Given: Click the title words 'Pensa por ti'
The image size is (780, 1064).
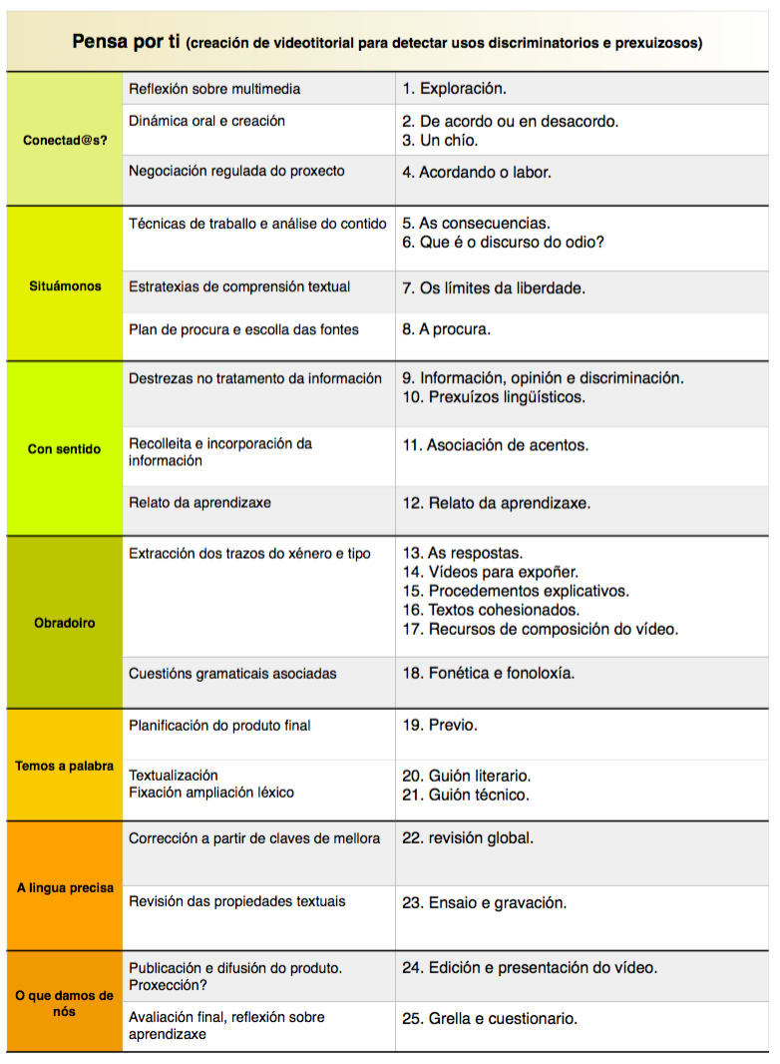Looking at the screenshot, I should pyautogui.click(x=126, y=42).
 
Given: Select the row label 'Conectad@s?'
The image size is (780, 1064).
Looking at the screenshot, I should pyautogui.click(x=65, y=140).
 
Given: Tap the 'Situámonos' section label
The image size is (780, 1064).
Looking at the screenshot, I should pyautogui.click(x=65, y=286).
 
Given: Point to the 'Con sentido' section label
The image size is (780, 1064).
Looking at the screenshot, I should pyautogui.click(x=65, y=449).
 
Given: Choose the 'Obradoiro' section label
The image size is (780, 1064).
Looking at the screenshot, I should pyautogui.click(x=65, y=623).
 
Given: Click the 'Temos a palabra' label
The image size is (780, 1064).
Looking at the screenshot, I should pyautogui.click(x=65, y=767).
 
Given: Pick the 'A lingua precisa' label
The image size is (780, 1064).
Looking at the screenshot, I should pyautogui.click(x=65, y=887).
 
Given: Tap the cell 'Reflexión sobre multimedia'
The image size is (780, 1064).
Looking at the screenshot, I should pyautogui.click(x=214, y=89).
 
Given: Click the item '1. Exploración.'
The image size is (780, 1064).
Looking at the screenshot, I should pyautogui.click(x=454, y=89).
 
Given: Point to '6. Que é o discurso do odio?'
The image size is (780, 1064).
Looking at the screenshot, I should pyautogui.click(x=503, y=243).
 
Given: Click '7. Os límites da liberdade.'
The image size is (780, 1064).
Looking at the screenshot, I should pyautogui.click(x=494, y=288).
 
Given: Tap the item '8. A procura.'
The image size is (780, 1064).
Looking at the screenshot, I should pyautogui.click(x=446, y=329).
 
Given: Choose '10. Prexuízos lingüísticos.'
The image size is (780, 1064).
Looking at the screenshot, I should pyautogui.click(x=494, y=397).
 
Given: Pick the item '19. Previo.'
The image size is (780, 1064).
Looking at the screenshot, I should pyautogui.click(x=440, y=726).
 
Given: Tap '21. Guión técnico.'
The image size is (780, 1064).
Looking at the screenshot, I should pyautogui.click(x=466, y=796).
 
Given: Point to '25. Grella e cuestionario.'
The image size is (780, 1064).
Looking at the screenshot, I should pyautogui.click(x=490, y=1019).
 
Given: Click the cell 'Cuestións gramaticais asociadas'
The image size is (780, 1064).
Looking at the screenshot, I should pyautogui.click(x=232, y=674).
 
